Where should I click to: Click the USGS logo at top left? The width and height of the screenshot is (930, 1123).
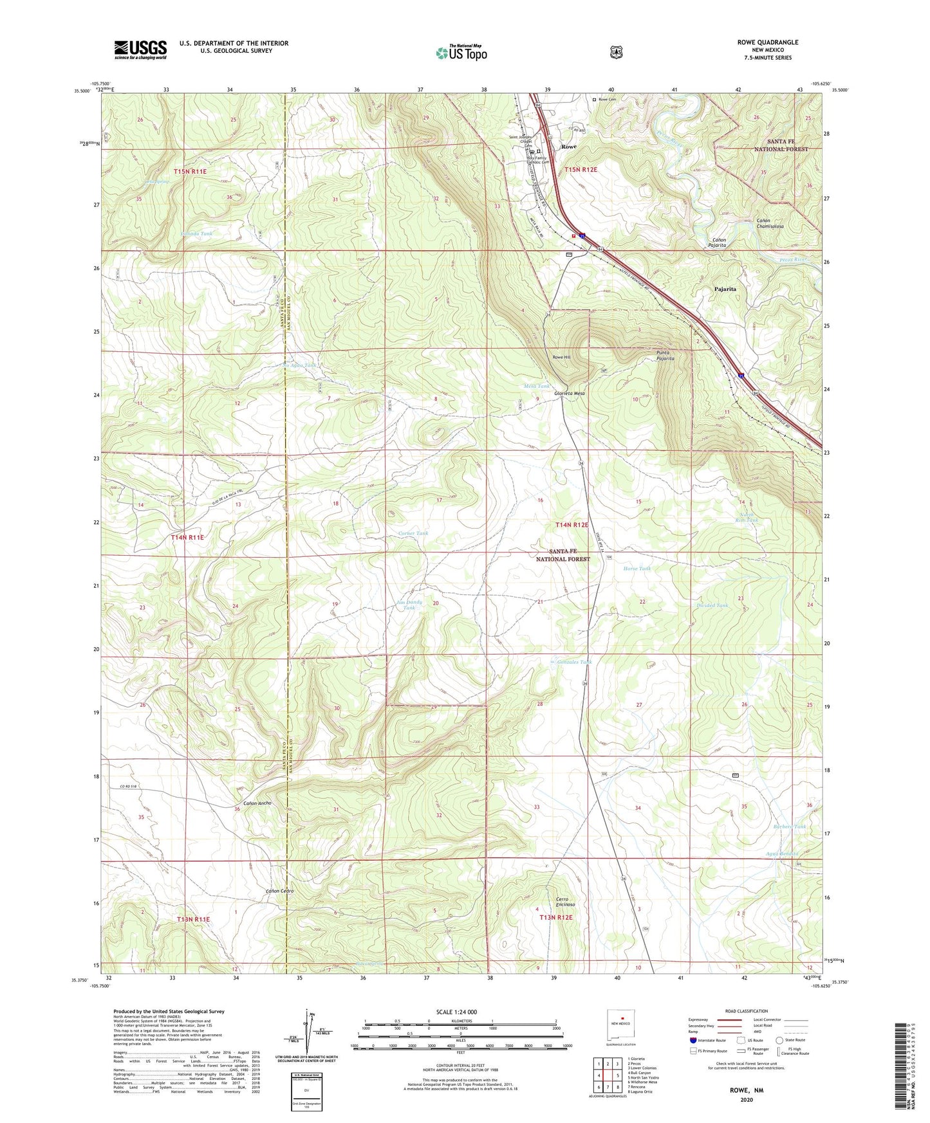point(140,49)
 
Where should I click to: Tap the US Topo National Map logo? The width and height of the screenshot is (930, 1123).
point(461,52)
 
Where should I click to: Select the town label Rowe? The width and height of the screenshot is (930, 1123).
point(568,147)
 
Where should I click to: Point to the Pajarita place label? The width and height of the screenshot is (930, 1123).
point(725,289)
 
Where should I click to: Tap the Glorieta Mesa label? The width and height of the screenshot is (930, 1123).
point(570,393)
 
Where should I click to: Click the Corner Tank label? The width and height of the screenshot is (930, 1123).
point(413,533)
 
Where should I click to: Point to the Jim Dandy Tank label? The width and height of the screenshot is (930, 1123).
point(409,605)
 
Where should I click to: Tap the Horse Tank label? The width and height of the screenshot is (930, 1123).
point(637,569)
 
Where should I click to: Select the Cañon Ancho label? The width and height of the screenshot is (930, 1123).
point(257,803)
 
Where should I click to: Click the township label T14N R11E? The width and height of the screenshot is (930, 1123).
point(187,537)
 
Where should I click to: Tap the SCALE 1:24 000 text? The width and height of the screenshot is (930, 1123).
point(456,1012)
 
